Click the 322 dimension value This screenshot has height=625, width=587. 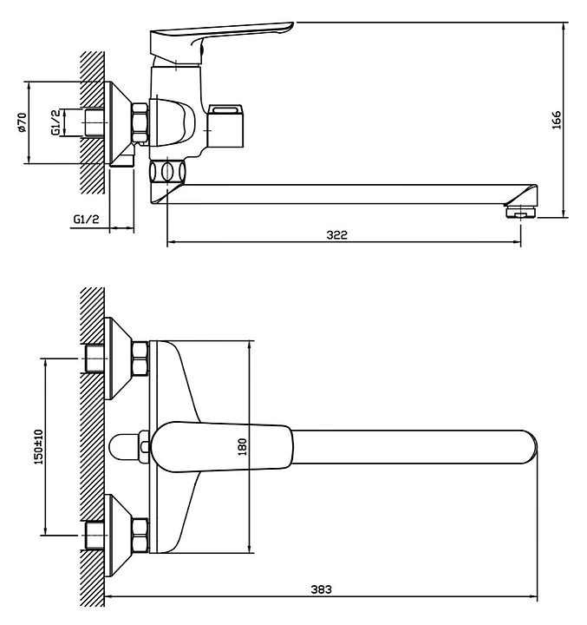[x=337, y=234]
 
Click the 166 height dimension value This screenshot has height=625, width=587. [x=557, y=120]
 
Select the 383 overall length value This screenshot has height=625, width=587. [x=321, y=589]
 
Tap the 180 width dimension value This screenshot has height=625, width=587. [x=242, y=447]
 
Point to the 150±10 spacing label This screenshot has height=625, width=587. [x=39, y=447]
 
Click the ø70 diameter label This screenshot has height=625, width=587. [x=22, y=122]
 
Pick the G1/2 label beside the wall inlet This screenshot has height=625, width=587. [x=56, y=122]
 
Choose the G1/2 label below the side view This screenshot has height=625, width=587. [x=86, y=219]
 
